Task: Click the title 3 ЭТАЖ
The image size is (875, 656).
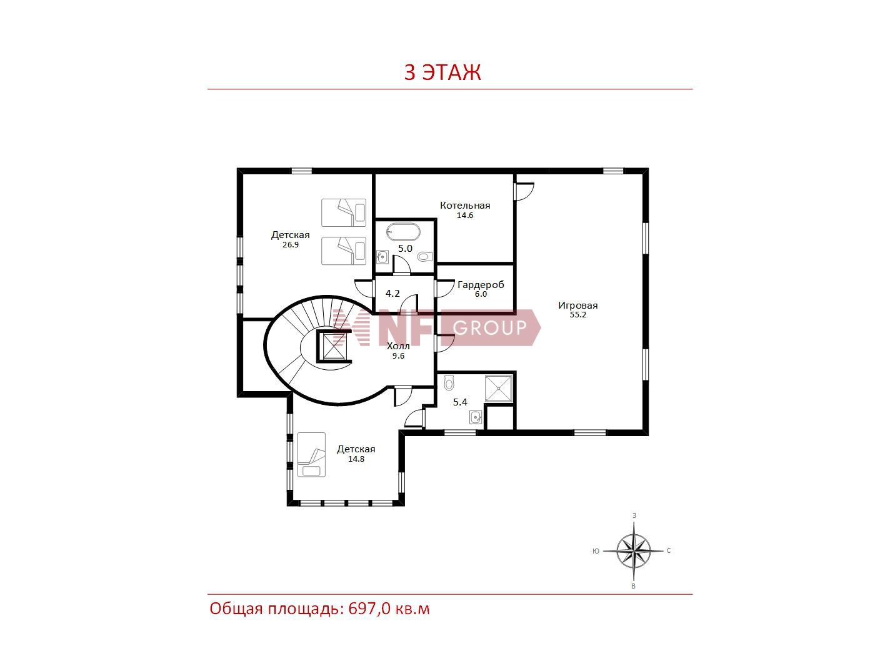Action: [x=442, y=72]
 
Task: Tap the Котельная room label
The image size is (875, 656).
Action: [x=465, y=206]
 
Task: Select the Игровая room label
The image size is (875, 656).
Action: [x=577, y=306]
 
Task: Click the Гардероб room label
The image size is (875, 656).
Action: [x=481, y=285]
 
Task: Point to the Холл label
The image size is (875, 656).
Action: [x=398, y=346]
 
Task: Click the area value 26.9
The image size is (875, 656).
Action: [x=290, y=245]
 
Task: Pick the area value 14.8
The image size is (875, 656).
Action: [x=356, y=459]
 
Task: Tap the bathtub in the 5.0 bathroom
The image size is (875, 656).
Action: [x=403, y=232]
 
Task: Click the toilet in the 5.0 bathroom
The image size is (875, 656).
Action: [x=425, y=257]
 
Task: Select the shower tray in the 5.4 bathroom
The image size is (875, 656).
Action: [x=498, y=389]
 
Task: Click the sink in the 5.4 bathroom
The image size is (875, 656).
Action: [x=476, y=417]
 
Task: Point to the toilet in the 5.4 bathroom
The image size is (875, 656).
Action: [x=449, y=383]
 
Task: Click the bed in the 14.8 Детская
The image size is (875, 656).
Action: [x=311, y=454]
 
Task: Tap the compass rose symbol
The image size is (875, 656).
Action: [x=633, y=551]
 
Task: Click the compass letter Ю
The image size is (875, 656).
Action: [x=596, y=551]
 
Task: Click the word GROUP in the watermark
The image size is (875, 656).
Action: [x=489, y=327]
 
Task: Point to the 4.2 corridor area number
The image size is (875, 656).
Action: [x=392, y=294]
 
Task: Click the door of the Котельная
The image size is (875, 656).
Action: [x=523, y=192]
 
